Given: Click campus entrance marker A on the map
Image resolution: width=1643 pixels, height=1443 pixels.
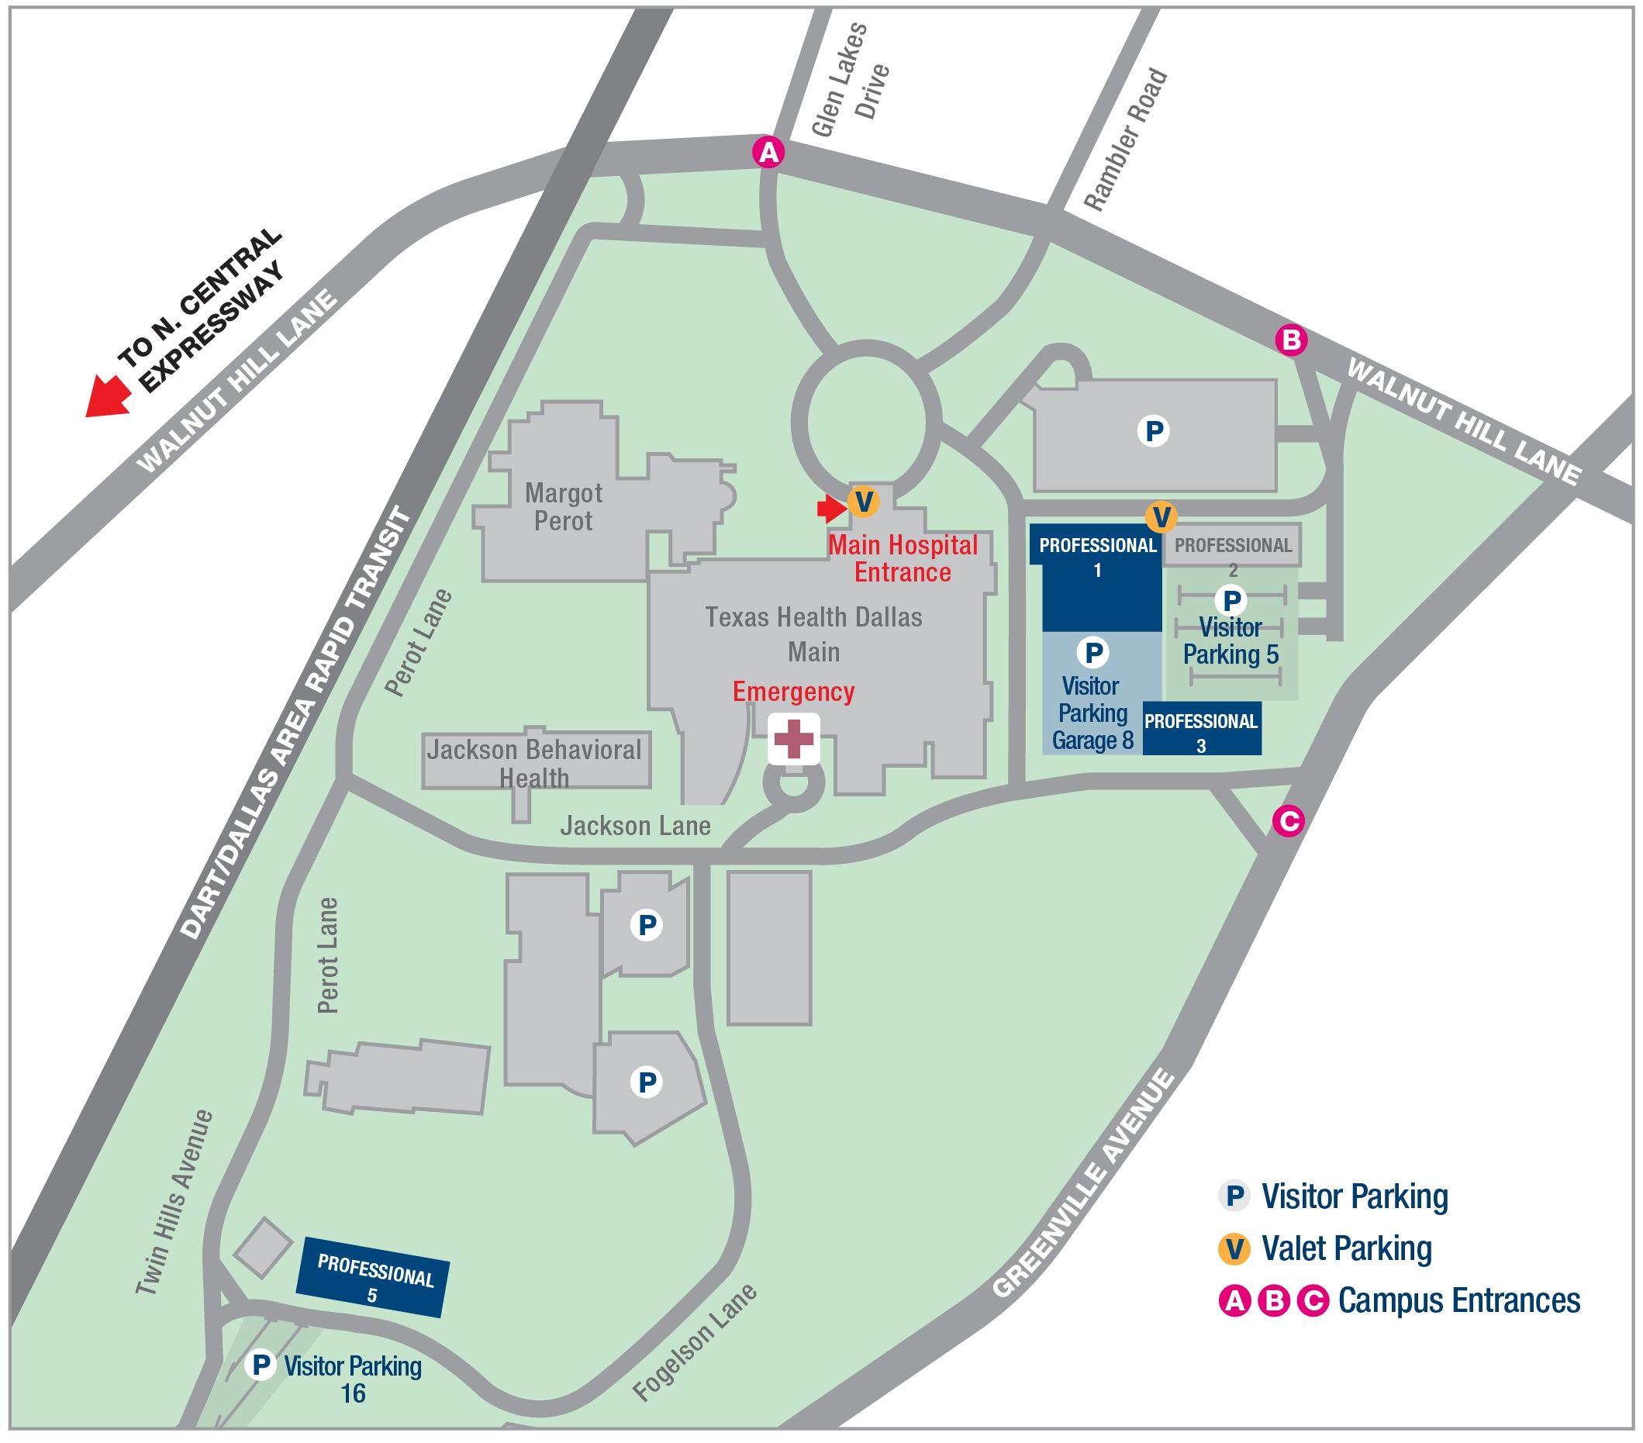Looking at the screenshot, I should pos(768,152).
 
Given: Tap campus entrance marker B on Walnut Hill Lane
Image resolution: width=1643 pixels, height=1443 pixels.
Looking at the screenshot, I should pos(1291,340).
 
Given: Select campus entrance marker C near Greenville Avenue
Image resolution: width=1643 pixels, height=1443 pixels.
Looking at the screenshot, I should pos(1288,821).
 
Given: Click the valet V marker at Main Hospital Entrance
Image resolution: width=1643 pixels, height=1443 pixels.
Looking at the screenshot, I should pos(863,502).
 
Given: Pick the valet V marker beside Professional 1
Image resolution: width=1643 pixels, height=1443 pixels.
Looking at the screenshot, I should pos(1161,516).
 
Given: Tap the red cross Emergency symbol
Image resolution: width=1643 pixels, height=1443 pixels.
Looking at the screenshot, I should pos(793,739).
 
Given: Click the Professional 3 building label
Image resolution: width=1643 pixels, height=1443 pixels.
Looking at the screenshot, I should pos(1201,731).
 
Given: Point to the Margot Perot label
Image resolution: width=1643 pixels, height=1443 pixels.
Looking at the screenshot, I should pos(564,507).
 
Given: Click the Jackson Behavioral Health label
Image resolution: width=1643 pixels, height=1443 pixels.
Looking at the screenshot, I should pos(534,763).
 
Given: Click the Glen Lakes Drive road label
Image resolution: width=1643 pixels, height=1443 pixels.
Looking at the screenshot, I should pos(850,81).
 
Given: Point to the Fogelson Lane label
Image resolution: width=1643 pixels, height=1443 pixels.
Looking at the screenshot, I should pos(695,1342).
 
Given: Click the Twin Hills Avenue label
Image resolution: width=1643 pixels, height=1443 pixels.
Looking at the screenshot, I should pos(174,1203).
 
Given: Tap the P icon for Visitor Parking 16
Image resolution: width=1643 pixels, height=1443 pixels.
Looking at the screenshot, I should pos(261,1365).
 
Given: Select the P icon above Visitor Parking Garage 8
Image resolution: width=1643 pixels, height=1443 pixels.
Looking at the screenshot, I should pos(1093,653).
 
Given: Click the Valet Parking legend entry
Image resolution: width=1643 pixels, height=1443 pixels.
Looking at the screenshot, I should pos(1345,1249).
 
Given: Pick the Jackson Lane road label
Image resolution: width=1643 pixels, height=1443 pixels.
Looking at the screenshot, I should pos(635,827).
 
